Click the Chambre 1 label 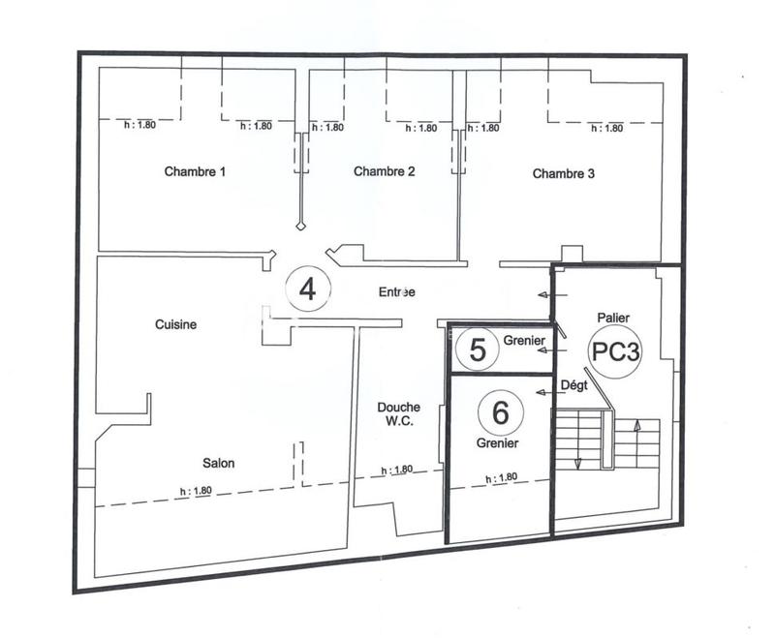point(195,173)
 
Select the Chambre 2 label point(385,172)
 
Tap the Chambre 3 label point(564,174)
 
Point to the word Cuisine point(175,325)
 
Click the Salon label point(218,463)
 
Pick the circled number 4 point(308,289)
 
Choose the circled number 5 point(477,349)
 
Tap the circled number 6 point(501,412)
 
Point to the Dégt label point(574,385)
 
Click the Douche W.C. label point(397,414)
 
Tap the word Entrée point(397,291)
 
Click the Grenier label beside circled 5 point(524,340)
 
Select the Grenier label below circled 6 point(497,443)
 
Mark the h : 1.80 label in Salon point(196,491)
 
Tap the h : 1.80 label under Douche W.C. point(397,471)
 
